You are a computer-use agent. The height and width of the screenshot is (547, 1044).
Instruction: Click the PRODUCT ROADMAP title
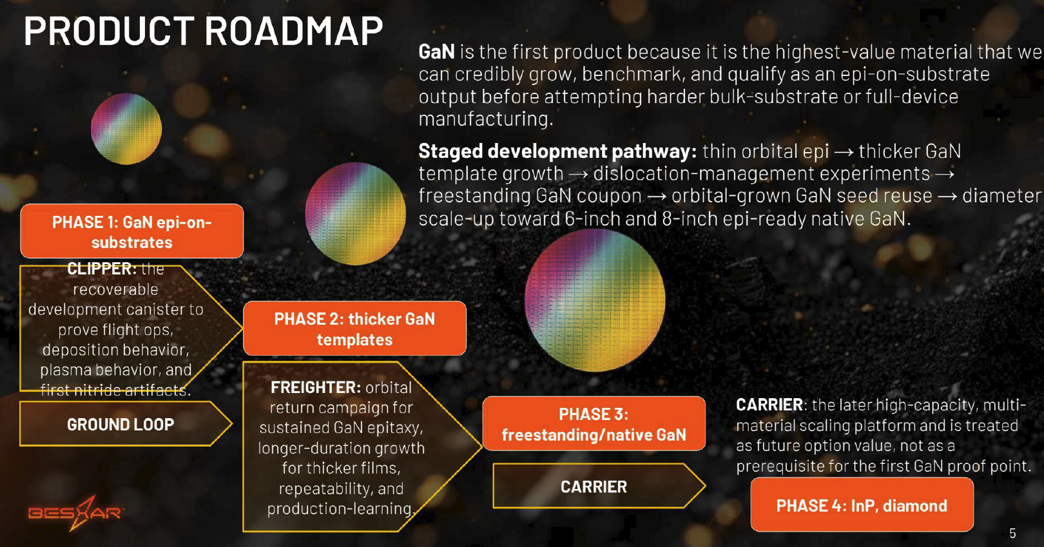click(203, 31)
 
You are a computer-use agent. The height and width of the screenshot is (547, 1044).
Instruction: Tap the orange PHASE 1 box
click(132, 231)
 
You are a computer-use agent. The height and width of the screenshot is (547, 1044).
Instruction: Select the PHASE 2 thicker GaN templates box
click(354, 329)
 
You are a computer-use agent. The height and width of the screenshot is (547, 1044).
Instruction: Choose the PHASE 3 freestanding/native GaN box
click(594, 423)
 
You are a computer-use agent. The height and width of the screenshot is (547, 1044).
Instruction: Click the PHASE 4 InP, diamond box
click(862, 504)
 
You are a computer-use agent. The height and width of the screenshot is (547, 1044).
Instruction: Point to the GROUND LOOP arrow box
click(125, 424)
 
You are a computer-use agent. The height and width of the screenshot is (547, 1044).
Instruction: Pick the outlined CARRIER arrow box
click(599, 486)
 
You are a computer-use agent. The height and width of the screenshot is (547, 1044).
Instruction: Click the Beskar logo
click(76, 513)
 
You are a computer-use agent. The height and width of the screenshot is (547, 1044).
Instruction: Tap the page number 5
click(1012, 533)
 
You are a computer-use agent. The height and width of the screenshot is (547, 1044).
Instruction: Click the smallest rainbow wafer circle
click(126, 129)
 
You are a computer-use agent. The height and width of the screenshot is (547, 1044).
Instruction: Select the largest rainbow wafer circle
click(595, 300)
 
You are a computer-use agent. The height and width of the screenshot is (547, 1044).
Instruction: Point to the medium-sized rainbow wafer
click(355, 214)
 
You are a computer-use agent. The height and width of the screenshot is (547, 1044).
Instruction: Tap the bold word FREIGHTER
click(316, 387)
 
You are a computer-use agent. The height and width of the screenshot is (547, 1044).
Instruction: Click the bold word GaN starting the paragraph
click(436, 52)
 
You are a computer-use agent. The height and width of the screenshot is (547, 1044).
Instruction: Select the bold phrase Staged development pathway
click(557, 151)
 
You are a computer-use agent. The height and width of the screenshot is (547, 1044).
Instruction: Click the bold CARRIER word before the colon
click(769, 405)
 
